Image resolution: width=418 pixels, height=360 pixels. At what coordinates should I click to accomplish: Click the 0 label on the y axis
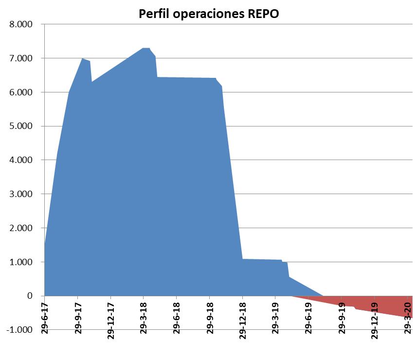[30, 296]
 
